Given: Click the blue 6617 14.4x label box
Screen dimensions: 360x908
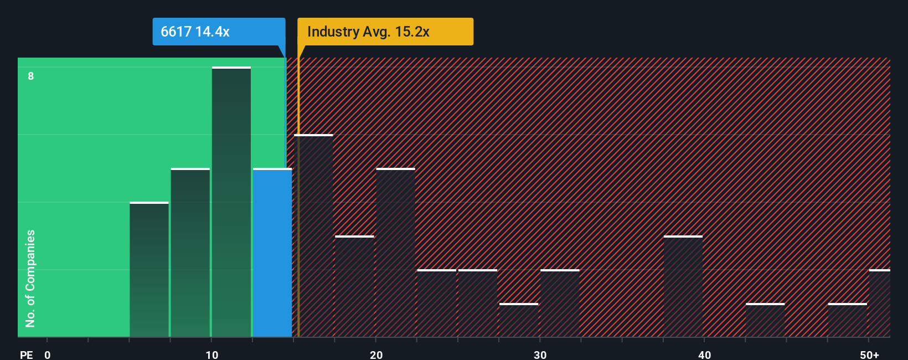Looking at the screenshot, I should (x=219, y=32).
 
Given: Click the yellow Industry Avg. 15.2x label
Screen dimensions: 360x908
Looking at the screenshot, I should (x=385, y=32).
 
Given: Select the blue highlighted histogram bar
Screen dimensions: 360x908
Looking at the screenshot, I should (x=272, y=253).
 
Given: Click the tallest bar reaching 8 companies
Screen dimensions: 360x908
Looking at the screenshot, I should (x=231, y=202).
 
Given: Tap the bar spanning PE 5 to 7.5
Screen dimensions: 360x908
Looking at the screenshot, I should (x=149, y=270).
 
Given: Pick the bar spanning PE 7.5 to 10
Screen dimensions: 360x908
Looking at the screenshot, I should (x=190, y=253).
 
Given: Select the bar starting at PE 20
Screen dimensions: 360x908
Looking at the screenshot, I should (x=395, y=253).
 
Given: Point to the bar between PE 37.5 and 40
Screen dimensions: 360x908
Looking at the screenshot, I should (x=683, y=286).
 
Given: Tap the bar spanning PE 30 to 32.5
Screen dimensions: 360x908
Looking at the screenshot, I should (x=560, y=304).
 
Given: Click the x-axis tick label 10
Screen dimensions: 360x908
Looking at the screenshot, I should (x=211, y=354).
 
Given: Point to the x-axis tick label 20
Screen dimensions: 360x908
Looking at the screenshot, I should (x=376, y=354).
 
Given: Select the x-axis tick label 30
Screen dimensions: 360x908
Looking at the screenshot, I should (x=540, y=354).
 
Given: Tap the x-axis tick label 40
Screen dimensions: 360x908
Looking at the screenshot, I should (x=704, y=354).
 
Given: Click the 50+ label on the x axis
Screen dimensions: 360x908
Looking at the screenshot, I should (x=869, y=354).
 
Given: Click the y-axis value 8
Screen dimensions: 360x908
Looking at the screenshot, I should (x=31, y=76).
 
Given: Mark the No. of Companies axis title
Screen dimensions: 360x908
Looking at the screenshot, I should (x=30, y=278).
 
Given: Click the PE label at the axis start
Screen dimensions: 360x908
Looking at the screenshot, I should (x=26, y=354).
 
